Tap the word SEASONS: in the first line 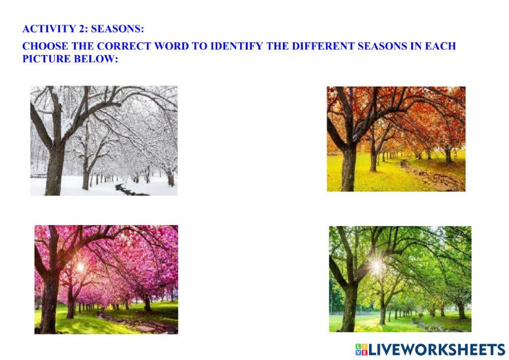point(122,29)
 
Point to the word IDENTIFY point(235,46)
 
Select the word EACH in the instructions point(441,46)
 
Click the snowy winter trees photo point(104,141)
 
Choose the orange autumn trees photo point(396,139)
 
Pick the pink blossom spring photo point(106,280)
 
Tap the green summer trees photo point(400,279)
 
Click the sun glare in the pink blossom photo point(80,266)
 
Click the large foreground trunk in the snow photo point(55,168)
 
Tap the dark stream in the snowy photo point(130,191)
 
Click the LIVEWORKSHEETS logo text point(436,349)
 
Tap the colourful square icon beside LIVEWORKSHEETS point(361,349)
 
